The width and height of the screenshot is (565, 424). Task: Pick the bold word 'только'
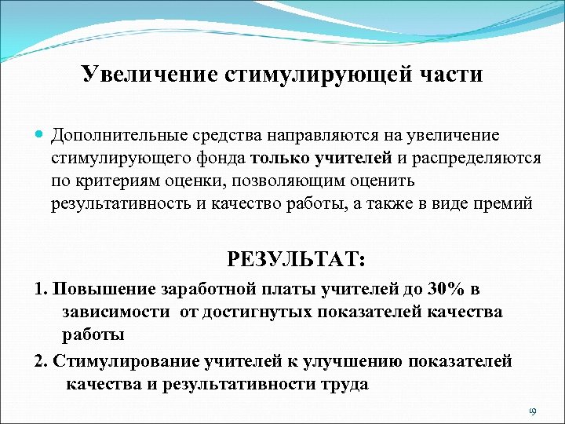(x=281, y=159)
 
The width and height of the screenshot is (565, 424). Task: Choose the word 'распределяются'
(x=476, y=159)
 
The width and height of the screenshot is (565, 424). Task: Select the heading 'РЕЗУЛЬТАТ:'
(x=296, y=258)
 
